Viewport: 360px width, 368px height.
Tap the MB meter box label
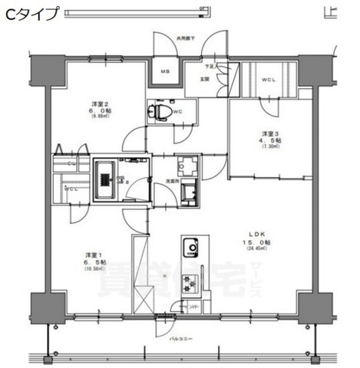tap(165, 73)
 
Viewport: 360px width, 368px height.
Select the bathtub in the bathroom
tap(104, 179)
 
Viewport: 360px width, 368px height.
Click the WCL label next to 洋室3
tap(269, 79)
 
